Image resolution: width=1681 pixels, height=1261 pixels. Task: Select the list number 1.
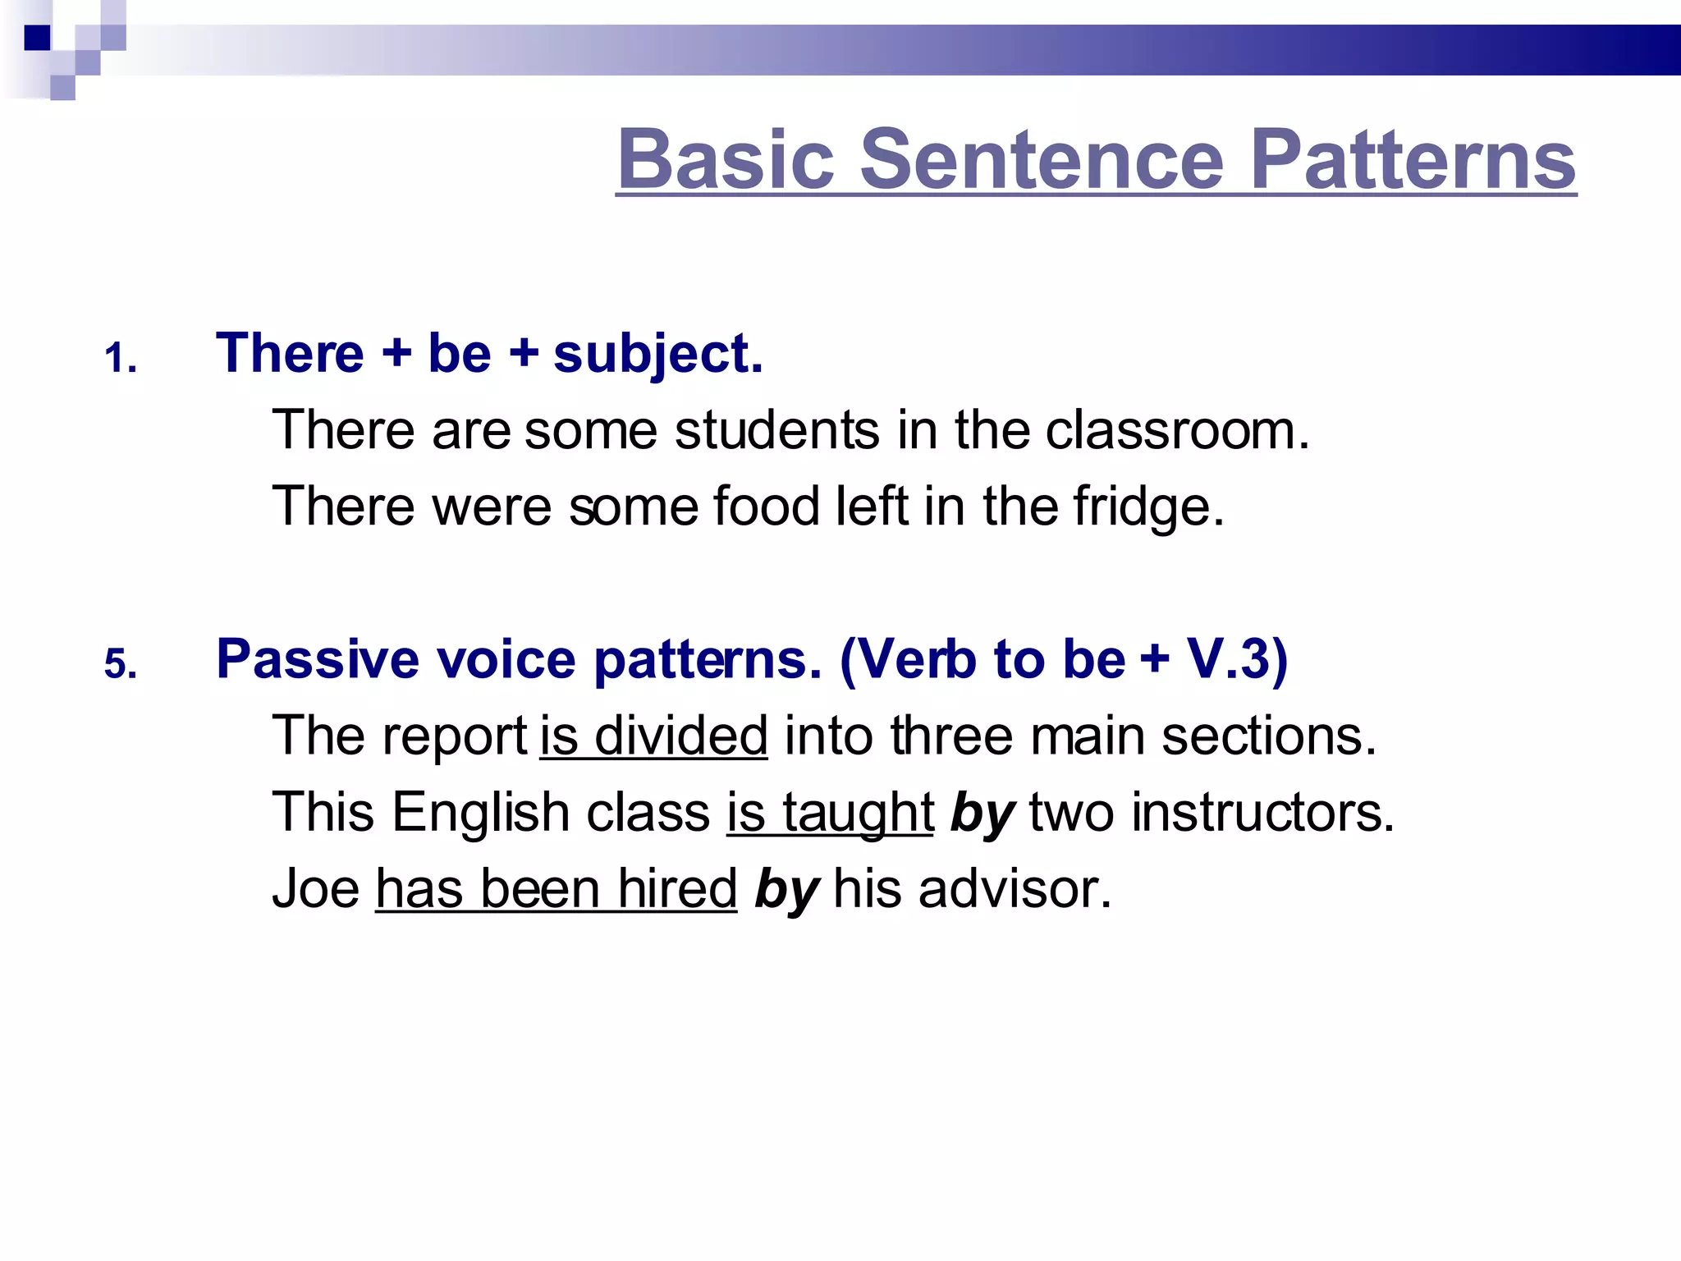click(120, 359)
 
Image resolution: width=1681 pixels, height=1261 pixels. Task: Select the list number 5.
click(120, 663)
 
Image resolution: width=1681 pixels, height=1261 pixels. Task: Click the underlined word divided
click(681, 736)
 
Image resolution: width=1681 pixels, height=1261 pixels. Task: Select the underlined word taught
click(858, 813)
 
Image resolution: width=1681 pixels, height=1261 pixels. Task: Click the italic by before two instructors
click(982, 813)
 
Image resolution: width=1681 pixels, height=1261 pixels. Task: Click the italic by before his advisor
click(786, 888)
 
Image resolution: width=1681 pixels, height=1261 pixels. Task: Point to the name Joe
click(316, 888)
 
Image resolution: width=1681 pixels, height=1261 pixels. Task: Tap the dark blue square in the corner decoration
click(37, 38)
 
